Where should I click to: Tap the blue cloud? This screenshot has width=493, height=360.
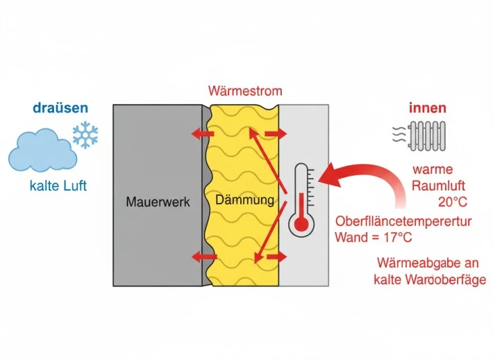pos(44,151)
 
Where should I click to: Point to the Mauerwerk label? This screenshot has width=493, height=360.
pos(158,202)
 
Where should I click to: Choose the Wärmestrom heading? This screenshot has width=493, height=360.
pos(245,91)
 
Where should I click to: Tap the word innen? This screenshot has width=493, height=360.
pos(428,108)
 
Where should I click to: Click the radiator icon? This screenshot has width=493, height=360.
pos(432,136)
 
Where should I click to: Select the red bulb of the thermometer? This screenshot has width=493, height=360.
pos(301,224)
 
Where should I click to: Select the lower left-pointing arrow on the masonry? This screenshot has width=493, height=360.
pos(203,257)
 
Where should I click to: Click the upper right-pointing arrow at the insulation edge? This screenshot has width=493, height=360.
pos(276,133)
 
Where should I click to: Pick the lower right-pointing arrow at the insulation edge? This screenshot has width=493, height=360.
pos(276,257)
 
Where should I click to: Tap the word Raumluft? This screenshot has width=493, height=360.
pos(437,186)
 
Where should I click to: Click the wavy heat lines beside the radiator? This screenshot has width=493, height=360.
pos(399,134)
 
